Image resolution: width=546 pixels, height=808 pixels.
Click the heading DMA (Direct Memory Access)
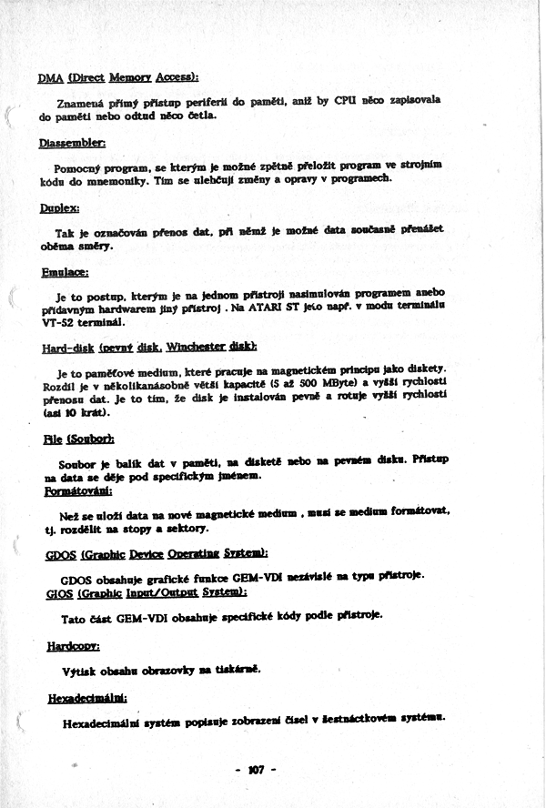[x=118, y=77]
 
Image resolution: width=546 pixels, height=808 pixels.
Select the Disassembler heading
[x=73, y=143]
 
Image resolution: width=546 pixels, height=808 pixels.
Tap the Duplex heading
[x=59, y=208]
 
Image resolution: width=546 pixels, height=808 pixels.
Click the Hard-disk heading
[x=149, y=347]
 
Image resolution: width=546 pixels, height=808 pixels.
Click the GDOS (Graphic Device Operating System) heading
[x=156, y=554]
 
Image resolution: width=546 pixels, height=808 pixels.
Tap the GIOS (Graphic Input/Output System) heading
[x=146, y=593]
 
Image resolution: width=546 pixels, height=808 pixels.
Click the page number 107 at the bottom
[x=255, y=770]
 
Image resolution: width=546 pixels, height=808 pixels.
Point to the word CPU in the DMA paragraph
[x=345, y=100]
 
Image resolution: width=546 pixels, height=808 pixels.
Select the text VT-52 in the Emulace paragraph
[x=59, y=322]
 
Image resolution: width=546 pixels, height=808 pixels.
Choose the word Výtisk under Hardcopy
[x=77, y=670]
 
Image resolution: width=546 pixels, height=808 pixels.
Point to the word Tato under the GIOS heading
[x=75, y=619]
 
